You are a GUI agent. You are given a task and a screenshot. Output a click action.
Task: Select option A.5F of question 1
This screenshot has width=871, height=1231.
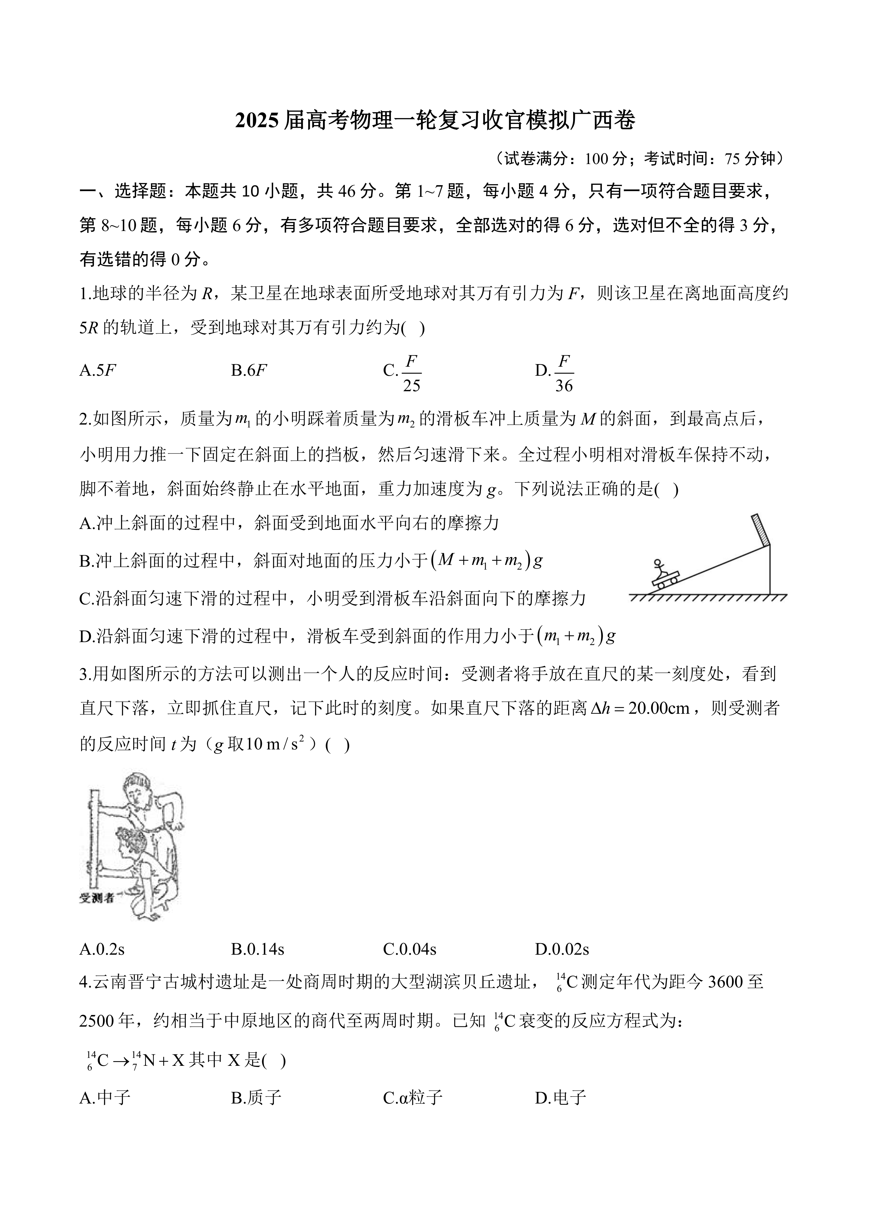pos(98,370)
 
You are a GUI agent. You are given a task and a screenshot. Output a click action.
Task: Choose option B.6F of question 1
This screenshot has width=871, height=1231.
pos(249,370)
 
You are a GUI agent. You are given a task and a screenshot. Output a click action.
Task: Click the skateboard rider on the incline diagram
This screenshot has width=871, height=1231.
pos(664,575)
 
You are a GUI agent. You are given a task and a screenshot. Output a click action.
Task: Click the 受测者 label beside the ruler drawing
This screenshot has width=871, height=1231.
pos(97,898)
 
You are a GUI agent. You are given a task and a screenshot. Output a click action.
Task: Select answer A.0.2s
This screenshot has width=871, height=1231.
pos(102,949)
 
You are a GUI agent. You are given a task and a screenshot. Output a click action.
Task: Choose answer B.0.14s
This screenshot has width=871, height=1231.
pos(257,949)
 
